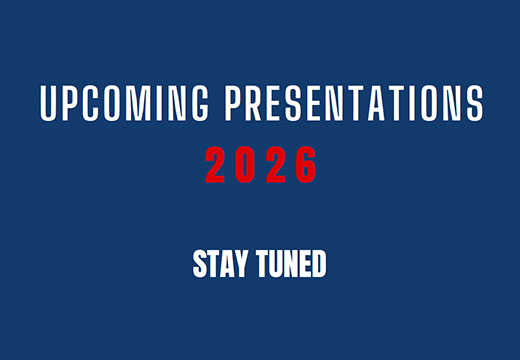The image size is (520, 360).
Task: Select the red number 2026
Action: click(260, 165)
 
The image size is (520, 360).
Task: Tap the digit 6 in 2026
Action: click(306, 165)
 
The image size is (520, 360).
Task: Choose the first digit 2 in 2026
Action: click(214, 165)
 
